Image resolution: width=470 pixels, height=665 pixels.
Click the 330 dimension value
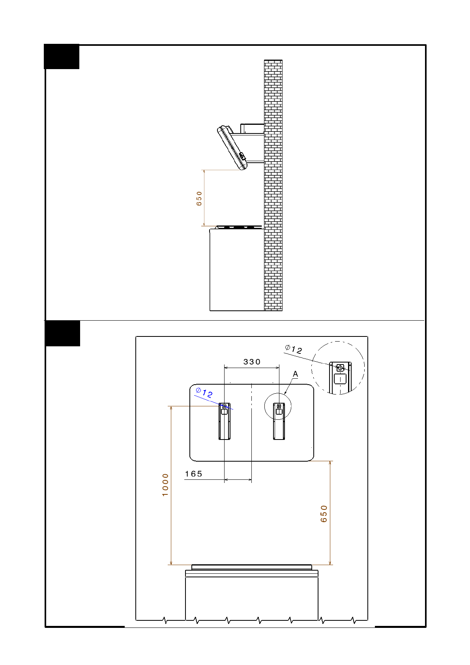coord(252,362)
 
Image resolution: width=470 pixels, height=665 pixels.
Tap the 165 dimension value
coord(193,474)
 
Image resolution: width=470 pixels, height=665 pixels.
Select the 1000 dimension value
coord(165,485)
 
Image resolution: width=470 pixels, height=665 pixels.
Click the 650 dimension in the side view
coord(199,198)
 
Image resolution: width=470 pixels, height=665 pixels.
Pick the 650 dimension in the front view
coord(324,514)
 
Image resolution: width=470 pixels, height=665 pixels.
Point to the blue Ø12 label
coord(204,393)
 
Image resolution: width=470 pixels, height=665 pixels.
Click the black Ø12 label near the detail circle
coord(293,349)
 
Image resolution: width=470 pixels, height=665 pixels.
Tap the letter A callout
coord(295,374)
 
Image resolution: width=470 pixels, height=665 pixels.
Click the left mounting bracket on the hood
coord(225,421)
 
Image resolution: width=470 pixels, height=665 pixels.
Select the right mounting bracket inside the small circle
coord(279,421)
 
